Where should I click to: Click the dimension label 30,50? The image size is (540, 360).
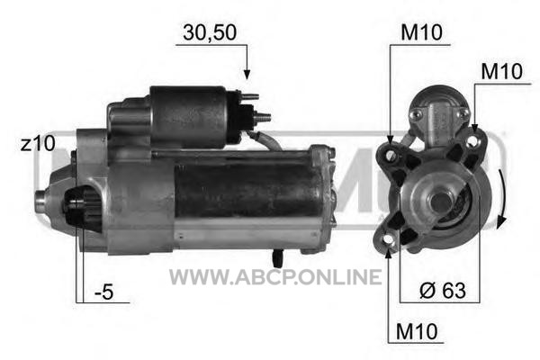[210, 32]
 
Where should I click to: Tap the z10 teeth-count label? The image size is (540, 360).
[38, 143]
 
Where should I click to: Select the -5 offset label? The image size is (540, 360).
[104, 292]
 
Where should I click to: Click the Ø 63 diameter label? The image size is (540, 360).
[443, 291]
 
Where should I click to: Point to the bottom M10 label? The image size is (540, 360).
[417, 332]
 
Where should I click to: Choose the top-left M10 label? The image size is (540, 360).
[421, 32]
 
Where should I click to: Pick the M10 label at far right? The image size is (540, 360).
[502, 71]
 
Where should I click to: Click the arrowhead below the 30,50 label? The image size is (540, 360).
[247, 74]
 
